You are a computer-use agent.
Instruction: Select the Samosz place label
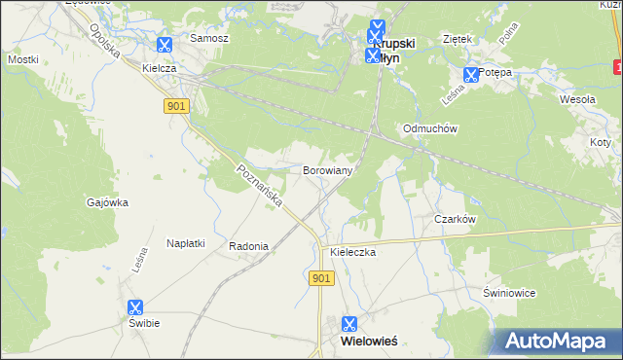pos(209,38)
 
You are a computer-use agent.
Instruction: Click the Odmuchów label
pos(430,128)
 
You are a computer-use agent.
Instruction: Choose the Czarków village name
pos(455,219)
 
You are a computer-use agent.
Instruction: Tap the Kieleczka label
pos(352,251)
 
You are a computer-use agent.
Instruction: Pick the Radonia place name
pos(248,246)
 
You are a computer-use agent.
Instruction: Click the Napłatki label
pos(185,243)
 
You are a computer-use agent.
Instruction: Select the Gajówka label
pos(108,202)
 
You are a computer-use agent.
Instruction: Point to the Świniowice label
pos(509,293)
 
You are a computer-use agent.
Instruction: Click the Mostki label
pos(23,59)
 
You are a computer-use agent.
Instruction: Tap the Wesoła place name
pos(577,99)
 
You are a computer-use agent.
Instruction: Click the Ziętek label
pos(457,39)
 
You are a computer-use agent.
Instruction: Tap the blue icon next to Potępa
pos(472,74)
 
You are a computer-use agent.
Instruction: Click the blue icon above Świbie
pos(135,306)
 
